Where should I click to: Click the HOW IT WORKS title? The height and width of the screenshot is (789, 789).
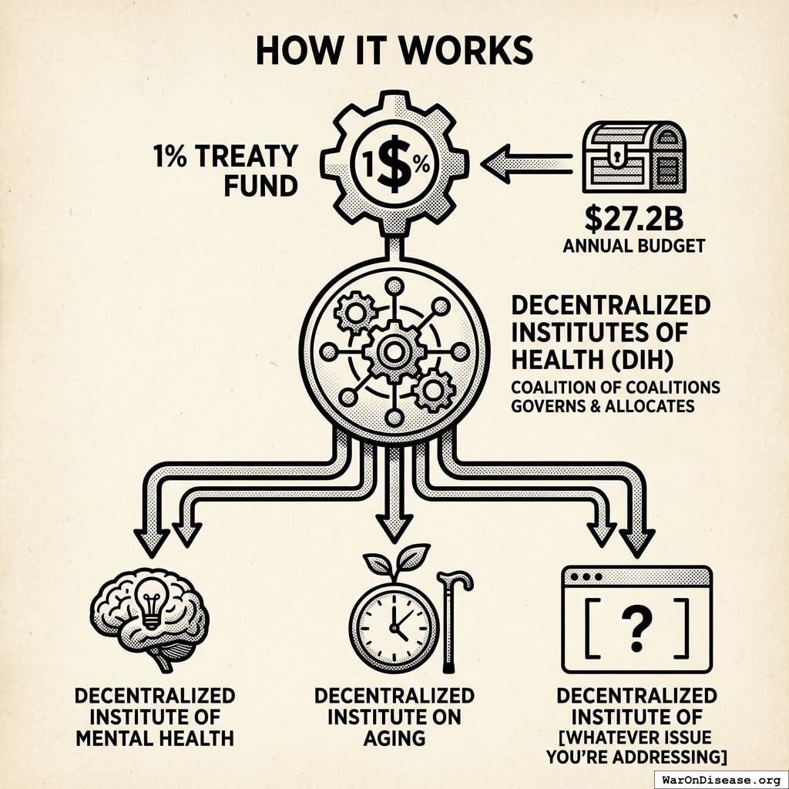(x=394, y=50)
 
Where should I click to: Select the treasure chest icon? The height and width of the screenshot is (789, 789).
(x=633, y=157)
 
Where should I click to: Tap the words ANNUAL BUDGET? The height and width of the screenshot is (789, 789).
(x=634, y=246)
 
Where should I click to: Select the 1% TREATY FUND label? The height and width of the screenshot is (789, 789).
(x=225, y=171)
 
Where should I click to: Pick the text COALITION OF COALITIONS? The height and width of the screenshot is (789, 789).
(x=616, y=388)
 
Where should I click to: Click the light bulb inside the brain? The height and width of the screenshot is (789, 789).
(x=152, y=603)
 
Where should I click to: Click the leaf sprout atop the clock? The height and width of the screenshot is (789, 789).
(x=397, y=561)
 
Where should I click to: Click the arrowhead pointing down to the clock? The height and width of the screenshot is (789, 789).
(x=394, y=529)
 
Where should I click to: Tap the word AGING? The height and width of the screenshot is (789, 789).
(x=394, y=738)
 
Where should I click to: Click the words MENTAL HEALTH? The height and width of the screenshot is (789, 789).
(x=155, y=738)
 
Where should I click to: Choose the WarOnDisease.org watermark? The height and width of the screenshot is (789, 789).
(x=721, y=781)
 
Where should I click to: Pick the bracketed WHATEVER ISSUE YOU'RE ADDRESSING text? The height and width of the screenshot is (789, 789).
(x=636, y=747)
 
